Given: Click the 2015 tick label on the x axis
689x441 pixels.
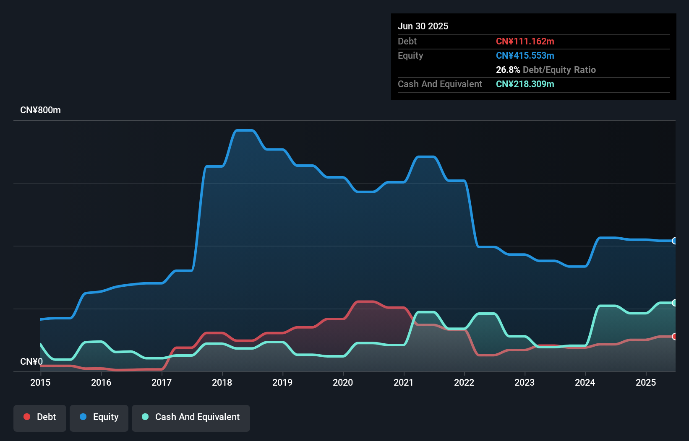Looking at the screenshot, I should (x=40, y=382).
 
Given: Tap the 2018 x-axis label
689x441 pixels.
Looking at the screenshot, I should (x=222, y=382).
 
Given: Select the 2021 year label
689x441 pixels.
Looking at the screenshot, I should (x=403, y=382).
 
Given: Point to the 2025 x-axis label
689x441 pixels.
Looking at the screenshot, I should (x=645, y=382).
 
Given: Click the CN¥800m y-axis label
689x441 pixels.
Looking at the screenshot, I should (x=40, y=110).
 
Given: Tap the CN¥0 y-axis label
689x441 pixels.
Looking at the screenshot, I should (x=31, y=361).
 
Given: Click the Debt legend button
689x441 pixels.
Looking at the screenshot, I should (x=40, y=417).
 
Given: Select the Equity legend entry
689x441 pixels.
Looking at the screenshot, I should (x=99, y=417).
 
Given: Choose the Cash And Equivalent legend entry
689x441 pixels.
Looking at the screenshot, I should (x=191, y=417).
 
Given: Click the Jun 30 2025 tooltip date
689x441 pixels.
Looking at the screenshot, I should (x=423, y=26).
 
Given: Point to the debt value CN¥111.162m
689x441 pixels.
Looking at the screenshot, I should (x=525, y=42).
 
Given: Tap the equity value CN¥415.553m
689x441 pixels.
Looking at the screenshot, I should (x=525, y=56).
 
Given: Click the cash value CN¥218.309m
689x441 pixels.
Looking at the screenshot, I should (x=525, y=84).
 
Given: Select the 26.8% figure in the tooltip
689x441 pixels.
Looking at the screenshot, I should (x=508, y=70).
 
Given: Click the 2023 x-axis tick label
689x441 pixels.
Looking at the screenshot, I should (x=525, y=382).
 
